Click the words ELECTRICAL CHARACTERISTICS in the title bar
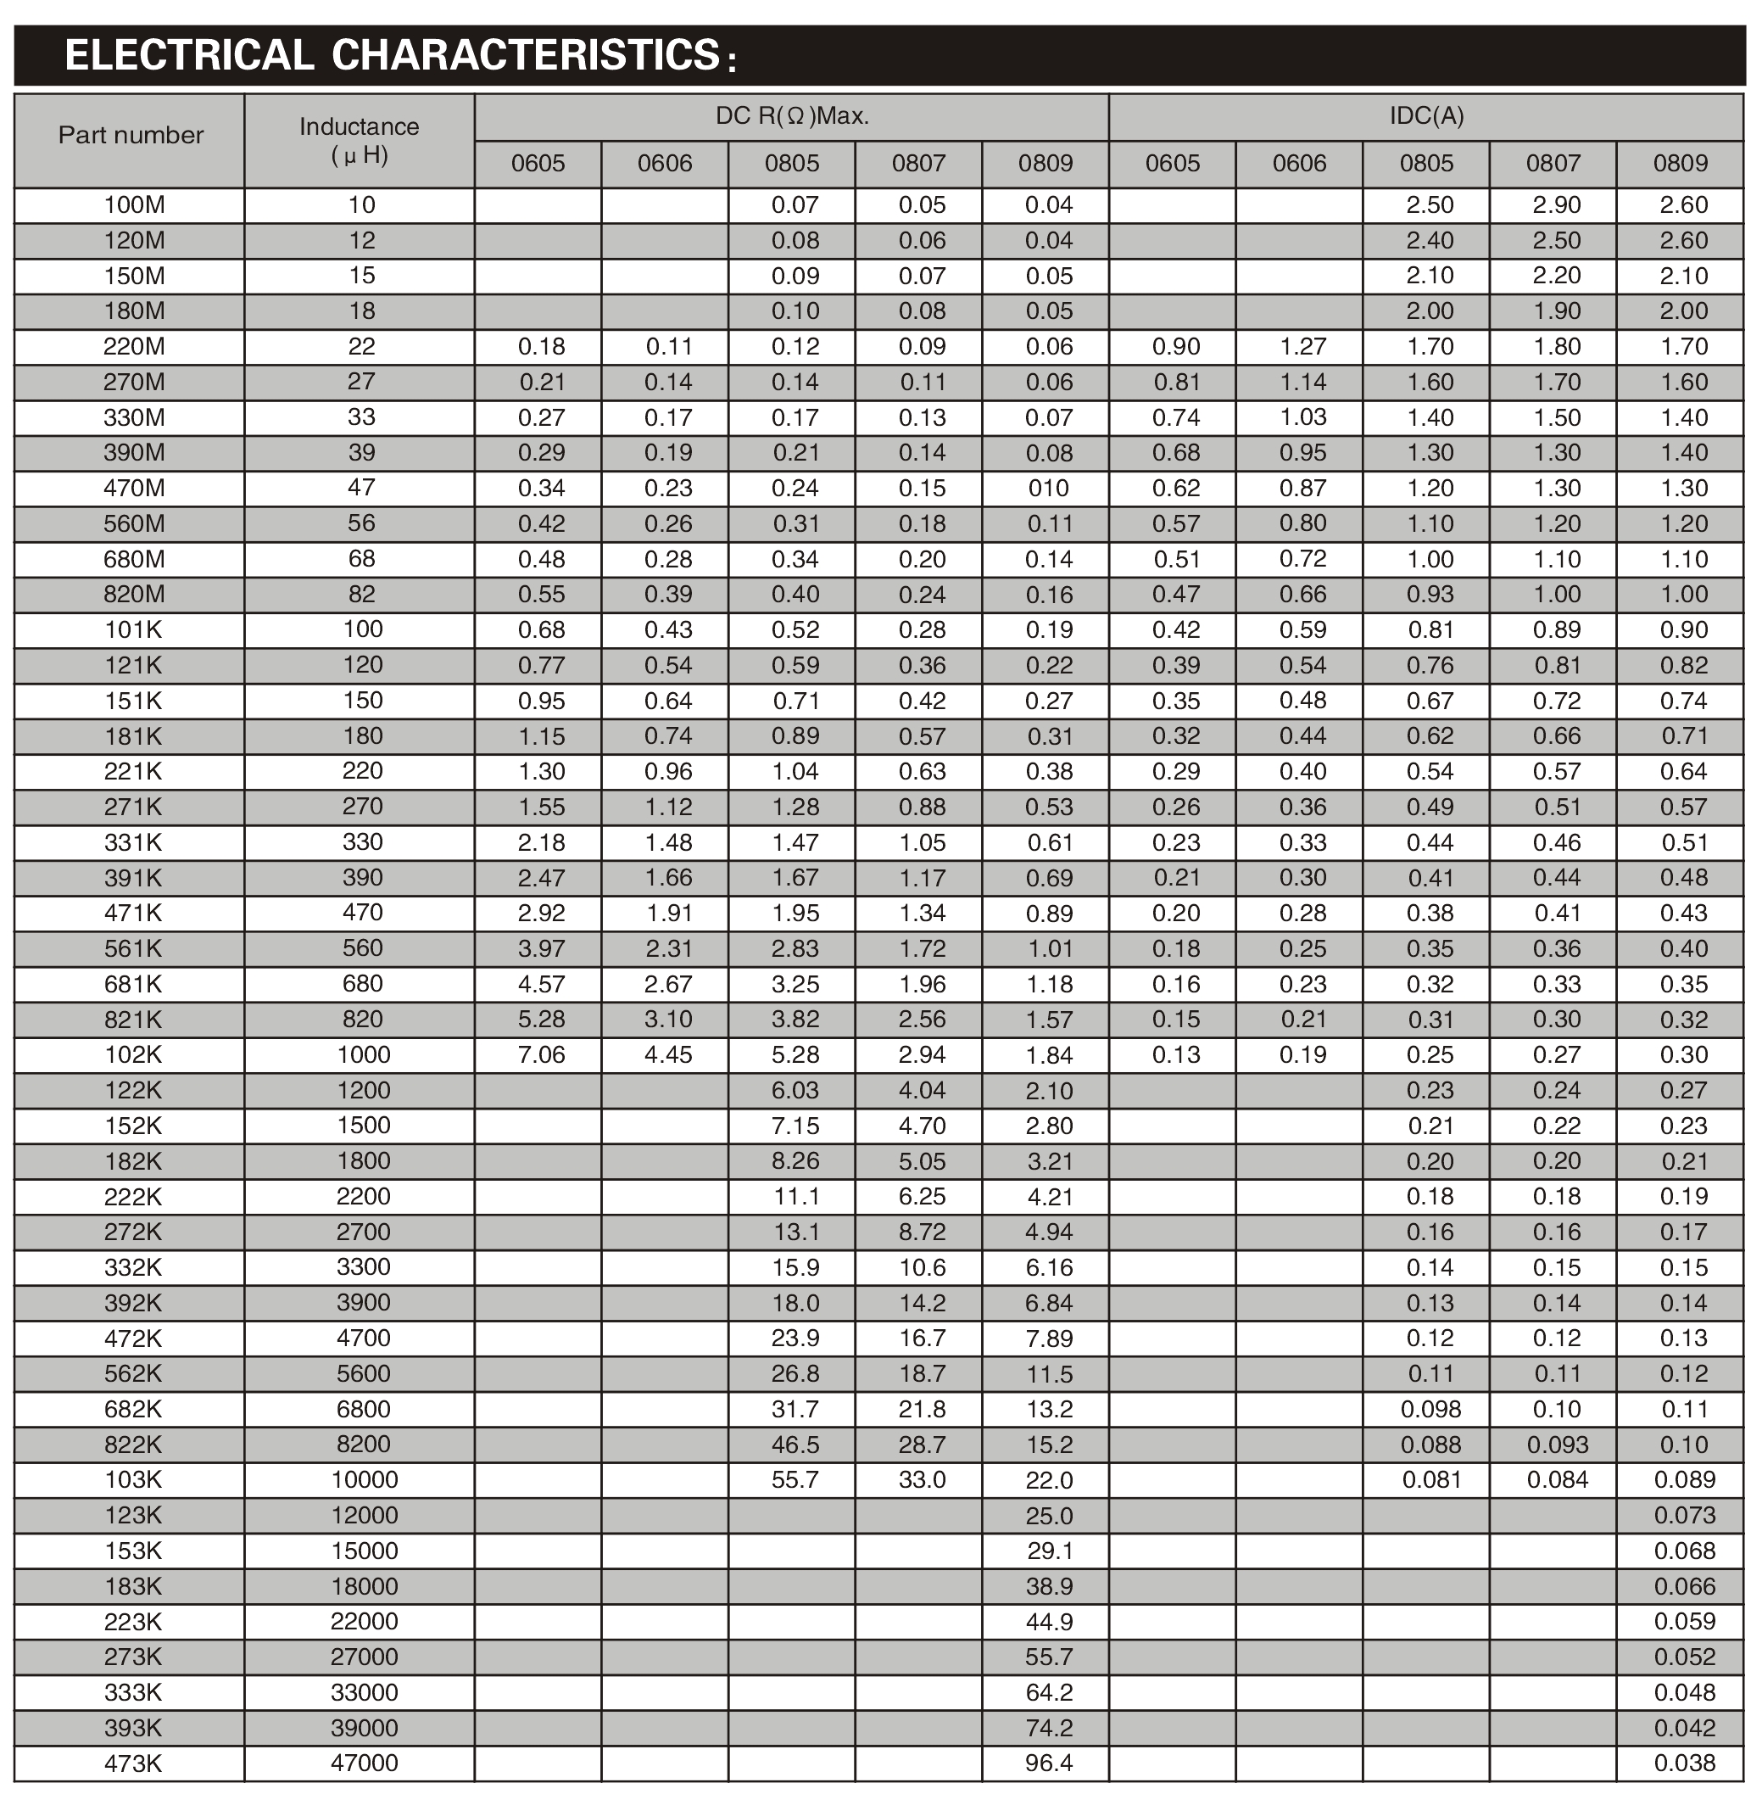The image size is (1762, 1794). coord(393,54)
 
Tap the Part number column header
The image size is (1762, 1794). coord(131,135)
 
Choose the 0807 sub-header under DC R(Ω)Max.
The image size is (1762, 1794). coord(918,164)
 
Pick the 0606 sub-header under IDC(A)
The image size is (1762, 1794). coord(1299,164)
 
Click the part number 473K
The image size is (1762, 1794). coord(133,1763)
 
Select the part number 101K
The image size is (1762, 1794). coord(133,630)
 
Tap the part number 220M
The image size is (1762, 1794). coord(133,347)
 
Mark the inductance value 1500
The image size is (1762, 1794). coord(363,1126)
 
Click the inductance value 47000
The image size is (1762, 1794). coord(364,1763)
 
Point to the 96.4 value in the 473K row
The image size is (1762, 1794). coord(1049,1763)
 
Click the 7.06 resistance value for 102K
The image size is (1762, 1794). coord(541,1055)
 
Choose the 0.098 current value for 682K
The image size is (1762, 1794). coord(1430,1409)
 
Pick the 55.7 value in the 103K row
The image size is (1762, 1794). coord(795,1480)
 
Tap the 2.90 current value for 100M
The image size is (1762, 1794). coord(1557,205)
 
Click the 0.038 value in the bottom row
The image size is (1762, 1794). coord(1684,1763)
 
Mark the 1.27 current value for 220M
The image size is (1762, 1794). coord(1303,347)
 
